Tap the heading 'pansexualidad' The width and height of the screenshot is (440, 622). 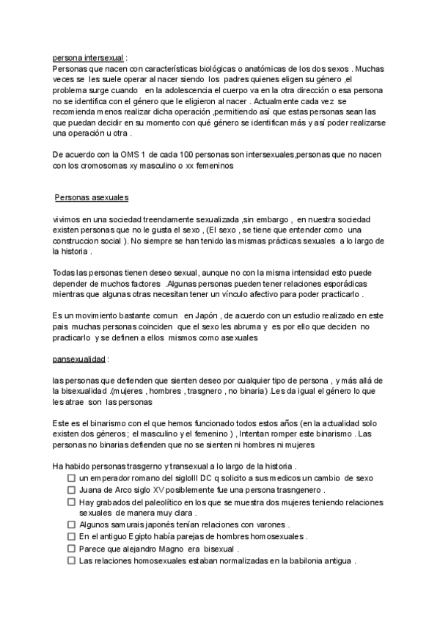tap(79, 359)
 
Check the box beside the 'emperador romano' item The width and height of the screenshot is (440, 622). tap(71, 478)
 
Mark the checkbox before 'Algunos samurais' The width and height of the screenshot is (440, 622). tap(71, 524)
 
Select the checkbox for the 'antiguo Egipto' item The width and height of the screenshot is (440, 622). tap(71, 536)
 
